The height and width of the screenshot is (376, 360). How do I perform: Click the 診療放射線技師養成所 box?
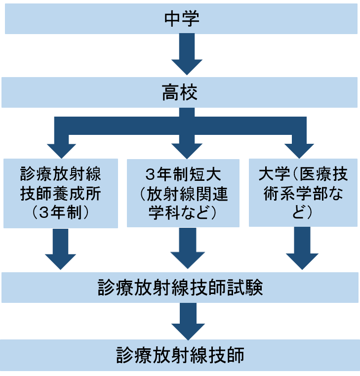61,193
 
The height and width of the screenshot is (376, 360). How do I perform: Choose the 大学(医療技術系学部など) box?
303,193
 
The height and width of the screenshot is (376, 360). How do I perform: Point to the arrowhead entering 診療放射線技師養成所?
62,149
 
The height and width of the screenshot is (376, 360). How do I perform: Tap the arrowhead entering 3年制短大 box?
187,149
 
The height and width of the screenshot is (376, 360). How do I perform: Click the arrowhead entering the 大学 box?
300,149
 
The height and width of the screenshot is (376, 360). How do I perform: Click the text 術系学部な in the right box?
303,194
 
